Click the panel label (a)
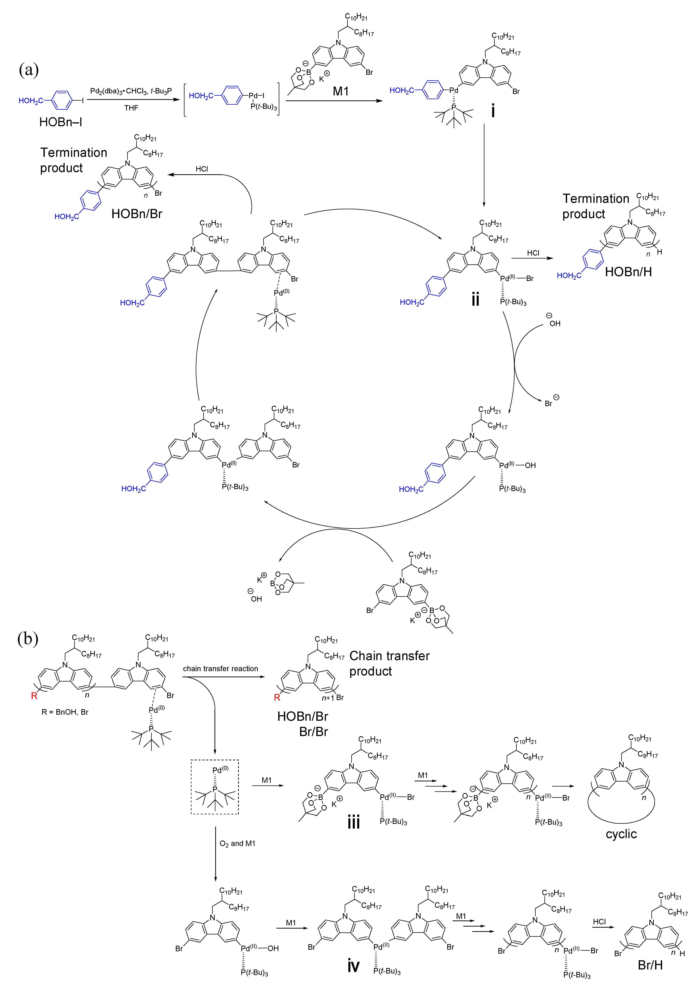click(29, 69)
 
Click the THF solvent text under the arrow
click(131, 108)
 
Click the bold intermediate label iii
click(354, 822)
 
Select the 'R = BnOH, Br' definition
click(65, 712)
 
